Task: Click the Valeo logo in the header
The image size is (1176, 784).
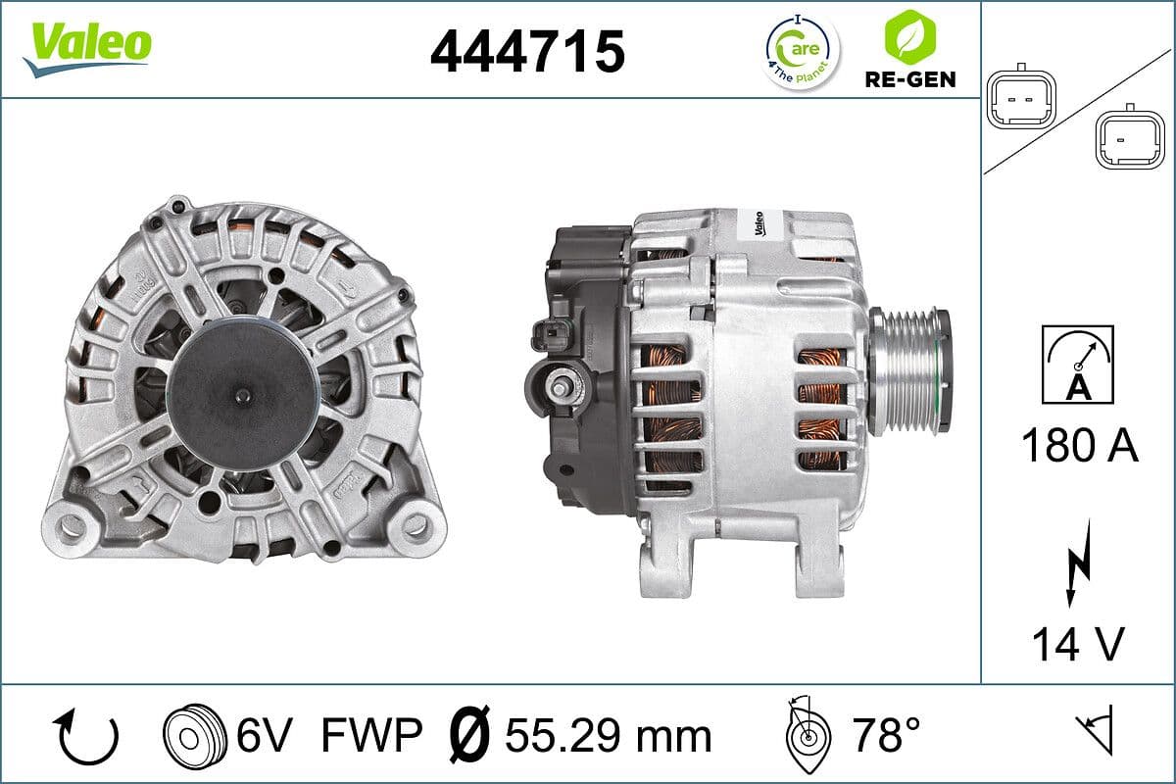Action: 88,47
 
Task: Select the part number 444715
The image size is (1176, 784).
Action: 527,51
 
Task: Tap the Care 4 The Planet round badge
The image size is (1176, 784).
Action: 801,51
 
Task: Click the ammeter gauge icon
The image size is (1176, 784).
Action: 1078,364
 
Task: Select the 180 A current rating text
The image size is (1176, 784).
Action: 1079,446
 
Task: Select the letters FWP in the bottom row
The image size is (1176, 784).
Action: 371,734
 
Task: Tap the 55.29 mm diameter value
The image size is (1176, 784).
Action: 608,734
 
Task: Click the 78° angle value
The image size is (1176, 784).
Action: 885,734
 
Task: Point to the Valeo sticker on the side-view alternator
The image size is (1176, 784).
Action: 752,223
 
